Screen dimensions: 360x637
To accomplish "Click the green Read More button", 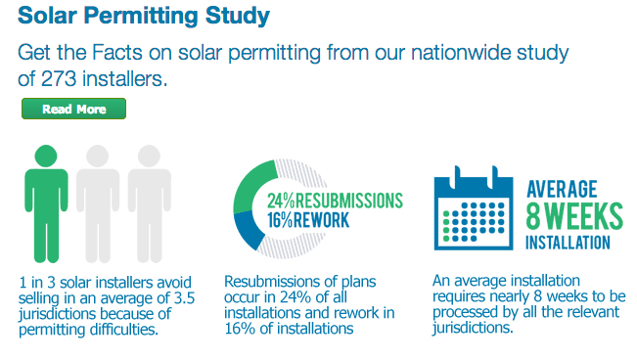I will pos(73,110).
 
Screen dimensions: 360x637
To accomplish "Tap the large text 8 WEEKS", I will pos(571,215).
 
